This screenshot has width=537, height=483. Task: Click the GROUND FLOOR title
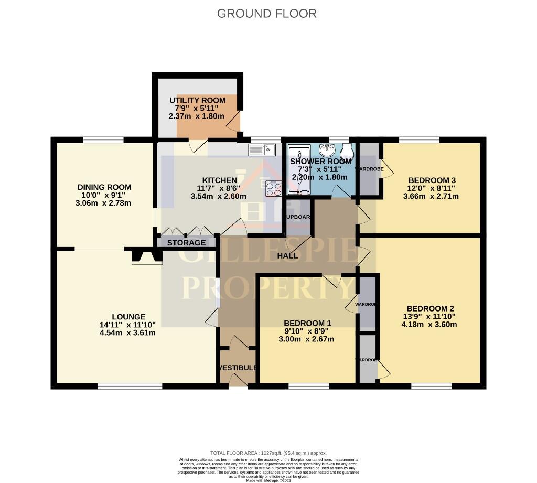[267, 14]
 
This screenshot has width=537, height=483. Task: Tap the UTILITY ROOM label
[197, 100]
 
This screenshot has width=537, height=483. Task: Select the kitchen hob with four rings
[274, 188]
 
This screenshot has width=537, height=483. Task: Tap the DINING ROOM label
[104, 187]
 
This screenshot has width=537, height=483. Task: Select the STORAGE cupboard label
[187, 243]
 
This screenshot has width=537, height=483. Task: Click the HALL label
[287, 256]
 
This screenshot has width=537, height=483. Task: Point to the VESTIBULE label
[238, 368]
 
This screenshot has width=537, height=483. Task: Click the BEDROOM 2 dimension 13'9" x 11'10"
[429, 316]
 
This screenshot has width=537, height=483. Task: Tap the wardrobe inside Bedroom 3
[368, 169]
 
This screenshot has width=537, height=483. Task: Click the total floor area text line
[268, 453]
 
